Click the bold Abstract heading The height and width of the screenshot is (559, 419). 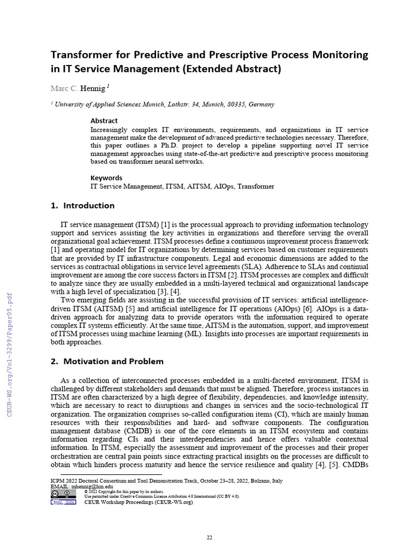[104, 121]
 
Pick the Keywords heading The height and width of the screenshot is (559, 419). [106, 177]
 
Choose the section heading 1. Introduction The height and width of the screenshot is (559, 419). [82, 206]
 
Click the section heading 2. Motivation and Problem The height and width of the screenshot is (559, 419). [107, 361]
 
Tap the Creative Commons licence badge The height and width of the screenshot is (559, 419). [63, 493]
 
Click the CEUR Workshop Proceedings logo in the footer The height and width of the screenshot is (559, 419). [63, 502]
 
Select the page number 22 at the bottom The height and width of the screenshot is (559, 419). [209, 538]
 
